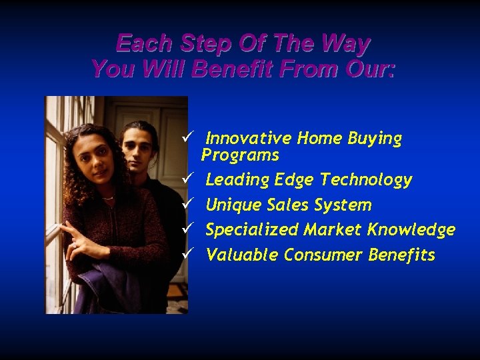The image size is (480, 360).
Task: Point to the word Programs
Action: [x=240, y=155]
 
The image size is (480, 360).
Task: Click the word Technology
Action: [x=366, y=180]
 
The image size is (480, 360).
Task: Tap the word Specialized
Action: [x=252, y=230]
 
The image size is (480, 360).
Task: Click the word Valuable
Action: [x=243, y=255]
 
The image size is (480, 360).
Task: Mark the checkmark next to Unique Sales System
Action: [x=188, y=205]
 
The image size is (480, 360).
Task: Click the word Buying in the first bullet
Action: [x=377, y=139]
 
